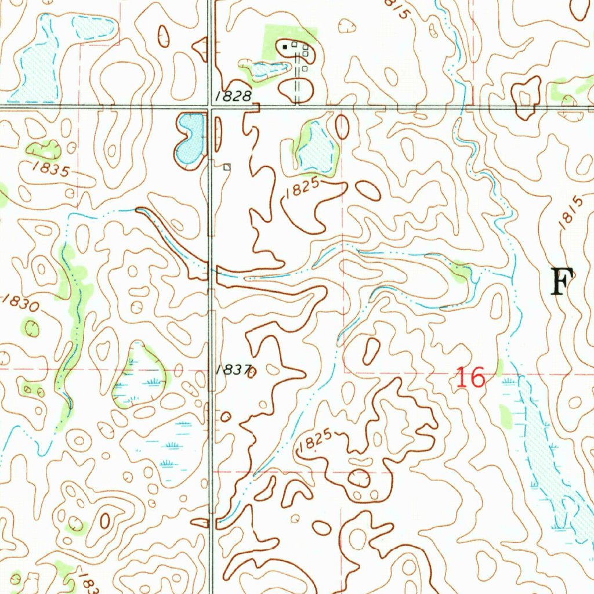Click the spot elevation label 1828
pyautogui.click(x=236, y=97)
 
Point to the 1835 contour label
pyautogui.click(x=51, y=170)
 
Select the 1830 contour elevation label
pyautogui.click(x=21, y=303)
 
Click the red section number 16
pyautogui.click(x=470, y=378)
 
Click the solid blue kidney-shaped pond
pyautogui.click(x=190, y=138)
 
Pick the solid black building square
pyautogui.click(x=285, y=46)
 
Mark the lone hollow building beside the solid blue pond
pyautogui.click(x=227, y=167)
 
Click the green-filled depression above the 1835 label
pyautogui.click(x=44, y=150)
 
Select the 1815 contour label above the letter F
pyautogui.click(x=571, y=214)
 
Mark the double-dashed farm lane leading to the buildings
pyautogui.click(x=298, y=78)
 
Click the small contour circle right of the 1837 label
pyautogui.click(x=252, y=372)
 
